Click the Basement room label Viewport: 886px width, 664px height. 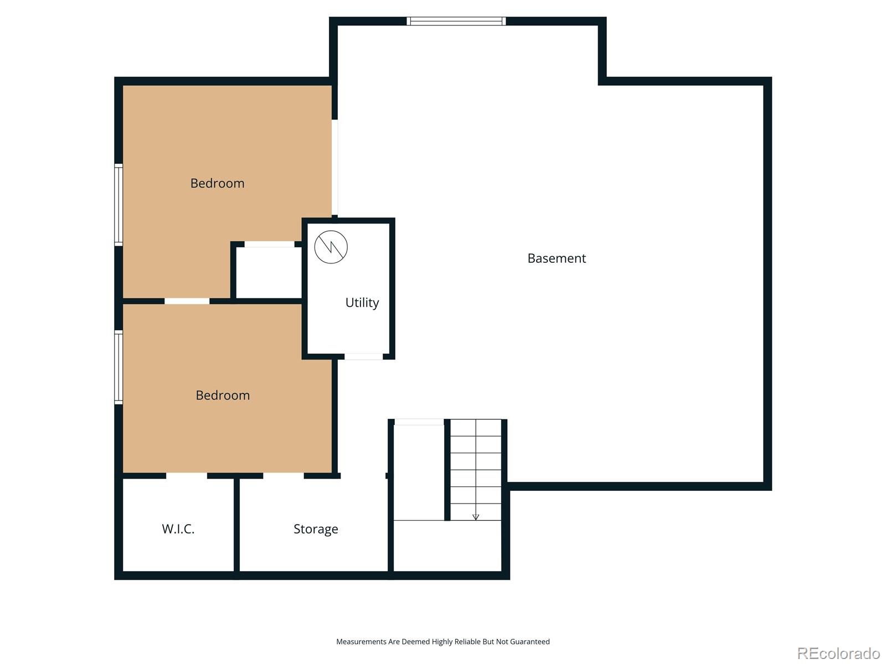click(556, 258)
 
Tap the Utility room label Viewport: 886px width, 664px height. click(362, 303)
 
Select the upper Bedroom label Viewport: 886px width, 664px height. click(217, 183)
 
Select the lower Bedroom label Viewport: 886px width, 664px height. click(223, 395)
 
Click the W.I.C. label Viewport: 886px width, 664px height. click(178, 529)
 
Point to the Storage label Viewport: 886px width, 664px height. click(316, 529)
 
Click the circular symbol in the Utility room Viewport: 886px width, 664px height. click(331, 247)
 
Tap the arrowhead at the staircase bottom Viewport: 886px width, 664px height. click(475, 517)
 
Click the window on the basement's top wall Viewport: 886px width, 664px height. click(456, 21)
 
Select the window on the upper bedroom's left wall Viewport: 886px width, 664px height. click(119, 205)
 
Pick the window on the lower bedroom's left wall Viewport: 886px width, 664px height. click(119, 367)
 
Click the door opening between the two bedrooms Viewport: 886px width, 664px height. click(187, 301)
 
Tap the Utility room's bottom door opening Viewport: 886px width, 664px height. click(363, 356)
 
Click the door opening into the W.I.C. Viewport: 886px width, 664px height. click(187, 476)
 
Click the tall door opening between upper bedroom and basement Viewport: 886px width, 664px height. click(334, 167)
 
